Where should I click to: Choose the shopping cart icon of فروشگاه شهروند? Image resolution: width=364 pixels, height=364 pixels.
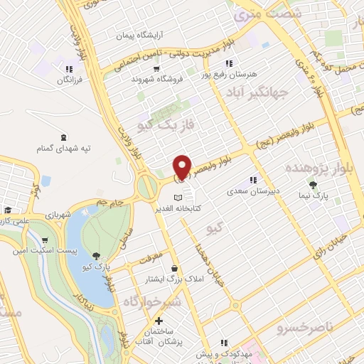point(156,69)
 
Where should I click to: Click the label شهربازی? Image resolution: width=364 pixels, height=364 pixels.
point(55,214)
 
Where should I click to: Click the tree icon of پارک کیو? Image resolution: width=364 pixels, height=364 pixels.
point(97,255)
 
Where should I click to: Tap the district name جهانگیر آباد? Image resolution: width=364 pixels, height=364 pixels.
point(259,92)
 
